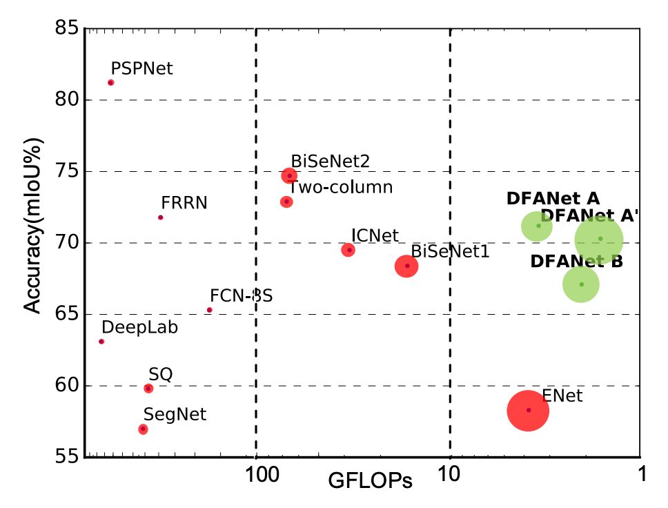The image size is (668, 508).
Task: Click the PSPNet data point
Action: pyautogui.click(x=110, y=83)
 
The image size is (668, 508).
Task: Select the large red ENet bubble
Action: pyautogui.click(x=528, y=411)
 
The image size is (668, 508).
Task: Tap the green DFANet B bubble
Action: pyautogui.click(x=581, y=284)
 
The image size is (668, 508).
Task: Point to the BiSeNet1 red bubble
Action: pyautogui.click(x=407, y=266)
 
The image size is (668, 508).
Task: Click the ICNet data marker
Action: pyautogui.click(x=348, y=250)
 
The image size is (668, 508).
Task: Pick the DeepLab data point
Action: pyautogui.click(x=101, y=342)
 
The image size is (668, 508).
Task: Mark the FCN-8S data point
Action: pyautogui.click(x=210, y=310)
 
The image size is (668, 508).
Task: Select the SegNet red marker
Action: pyautogui.click(x=143, y=429)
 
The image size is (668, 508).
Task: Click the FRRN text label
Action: pyautogui.click(x=184, y=203)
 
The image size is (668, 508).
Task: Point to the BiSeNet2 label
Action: pyautogui.click(x=330, y=161)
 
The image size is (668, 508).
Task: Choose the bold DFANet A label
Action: pyautogui.click(x=553, y=199)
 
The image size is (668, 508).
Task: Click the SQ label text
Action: pyautogui.click(x=160, y=374)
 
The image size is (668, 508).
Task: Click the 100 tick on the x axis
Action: pyautogui.click(x=256, y=476)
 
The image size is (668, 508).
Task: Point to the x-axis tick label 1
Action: pyautogui.click(x=641, y=476)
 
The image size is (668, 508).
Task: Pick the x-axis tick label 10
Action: pyautogui.click(x=450, y=476)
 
